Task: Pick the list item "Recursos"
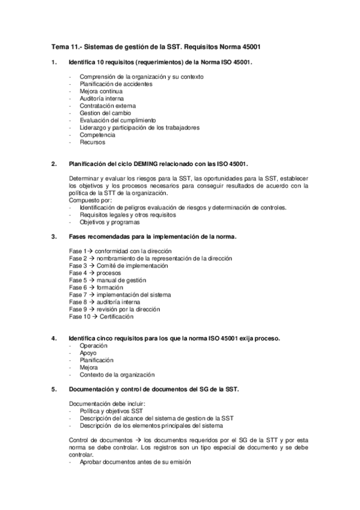pyautogui.click(x=93, y=143)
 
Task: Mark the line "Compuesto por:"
pyautogui.click(x=91, y=200)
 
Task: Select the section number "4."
pyautogui.click(x=55, y=339)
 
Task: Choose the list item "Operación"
pyautogui.click(x=93, y=346)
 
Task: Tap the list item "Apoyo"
pyautogui.click(x=88, y=353)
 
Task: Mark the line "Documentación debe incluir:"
pyautogui.click(x=106, y=403)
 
